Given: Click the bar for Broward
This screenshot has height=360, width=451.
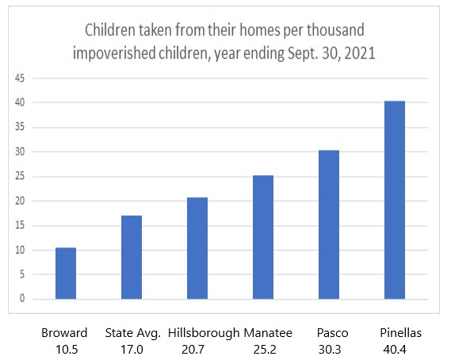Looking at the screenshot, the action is [66, 273].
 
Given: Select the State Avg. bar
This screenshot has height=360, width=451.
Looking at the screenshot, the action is [132, 257].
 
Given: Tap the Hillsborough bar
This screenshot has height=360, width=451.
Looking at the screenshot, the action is [197, 248].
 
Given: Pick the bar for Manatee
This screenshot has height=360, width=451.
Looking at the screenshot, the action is [263, 237].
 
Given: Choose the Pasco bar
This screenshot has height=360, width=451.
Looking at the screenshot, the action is [329, 224].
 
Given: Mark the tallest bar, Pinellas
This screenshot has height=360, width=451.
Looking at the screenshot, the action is [395, 200].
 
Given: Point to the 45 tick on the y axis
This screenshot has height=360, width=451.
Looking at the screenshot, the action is [20, 78].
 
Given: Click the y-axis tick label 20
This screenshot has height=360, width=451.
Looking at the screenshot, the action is [20, 201].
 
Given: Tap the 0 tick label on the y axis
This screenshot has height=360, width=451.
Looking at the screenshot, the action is [22, 298].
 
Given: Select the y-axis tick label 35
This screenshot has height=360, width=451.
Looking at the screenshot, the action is [20, 127].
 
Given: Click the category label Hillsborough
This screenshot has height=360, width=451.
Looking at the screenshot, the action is [204, 334].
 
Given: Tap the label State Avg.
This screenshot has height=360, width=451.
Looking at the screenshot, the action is [133, 333].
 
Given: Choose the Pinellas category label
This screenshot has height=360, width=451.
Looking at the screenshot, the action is [400, 333].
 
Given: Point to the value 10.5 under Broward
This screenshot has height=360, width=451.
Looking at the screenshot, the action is [67, 350].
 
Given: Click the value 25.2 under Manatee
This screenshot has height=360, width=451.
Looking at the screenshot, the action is [265, 350].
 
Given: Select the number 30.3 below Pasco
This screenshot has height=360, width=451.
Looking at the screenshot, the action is [330, 350].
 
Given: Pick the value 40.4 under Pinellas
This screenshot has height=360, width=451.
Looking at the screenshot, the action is [395, 350].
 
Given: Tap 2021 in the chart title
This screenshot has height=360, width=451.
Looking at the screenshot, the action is [360, 53].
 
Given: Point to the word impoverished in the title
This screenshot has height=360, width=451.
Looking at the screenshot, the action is [114, 54].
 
